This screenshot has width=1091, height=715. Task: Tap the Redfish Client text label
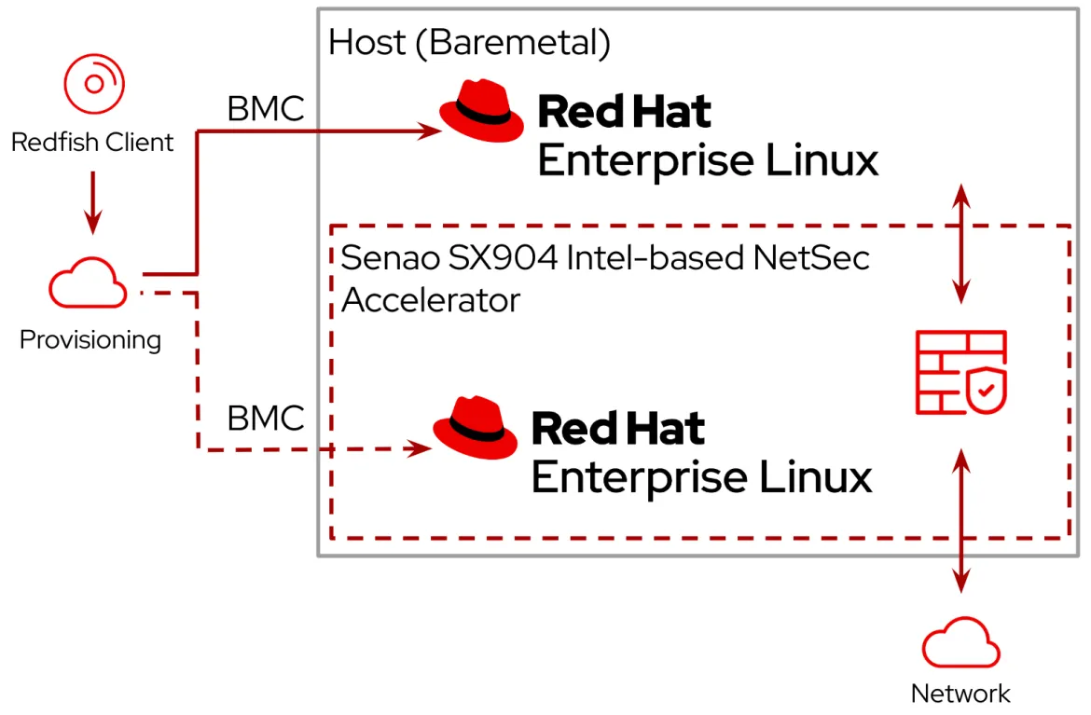pos(91,142)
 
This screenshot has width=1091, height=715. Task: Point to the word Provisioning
pos(90,339)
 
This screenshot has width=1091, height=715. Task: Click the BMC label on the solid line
pos(266,108)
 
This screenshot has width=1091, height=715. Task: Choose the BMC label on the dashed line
pos(266,418)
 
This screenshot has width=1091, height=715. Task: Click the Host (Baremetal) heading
pos(470,43)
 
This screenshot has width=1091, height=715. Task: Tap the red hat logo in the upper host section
pos(481,111)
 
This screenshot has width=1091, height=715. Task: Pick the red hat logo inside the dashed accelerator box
pos(476,428)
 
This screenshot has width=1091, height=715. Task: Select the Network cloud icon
pos(960,642)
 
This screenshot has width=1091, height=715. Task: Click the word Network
pos(960,694)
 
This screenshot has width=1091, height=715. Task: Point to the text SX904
pos(503,258)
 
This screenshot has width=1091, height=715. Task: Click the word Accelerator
pos(431,300)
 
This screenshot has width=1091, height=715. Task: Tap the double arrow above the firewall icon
pos(960,244)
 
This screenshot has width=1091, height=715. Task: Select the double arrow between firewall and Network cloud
pos(960,521)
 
